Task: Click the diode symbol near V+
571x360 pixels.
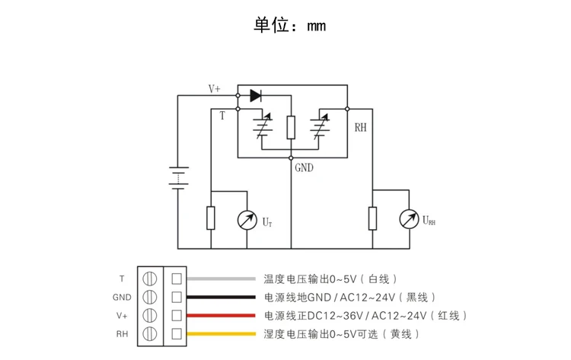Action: [x=256, y=96]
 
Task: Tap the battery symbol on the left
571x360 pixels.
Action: [x=178, y=178]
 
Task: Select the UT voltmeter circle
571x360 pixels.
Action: [x=247, y=220]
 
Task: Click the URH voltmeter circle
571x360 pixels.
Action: [x=409, y=219]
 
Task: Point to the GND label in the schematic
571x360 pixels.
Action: [x=304, y=167]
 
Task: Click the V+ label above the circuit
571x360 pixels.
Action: [x=214, y=89]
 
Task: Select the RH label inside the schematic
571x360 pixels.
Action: [x=361, y=127]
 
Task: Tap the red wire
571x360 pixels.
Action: [x=221, y=316]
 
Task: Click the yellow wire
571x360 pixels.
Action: [x=221, y=334]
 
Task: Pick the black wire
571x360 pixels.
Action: [x=221, y=297]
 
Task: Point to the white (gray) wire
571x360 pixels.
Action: [x=221, y=279]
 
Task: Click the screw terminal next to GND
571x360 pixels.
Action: [x=150, y=297]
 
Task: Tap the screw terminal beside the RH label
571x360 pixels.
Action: [x=150, y=334]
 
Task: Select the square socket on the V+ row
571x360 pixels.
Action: [x=177, y=315]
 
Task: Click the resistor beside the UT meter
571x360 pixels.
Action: [x=210, y=218]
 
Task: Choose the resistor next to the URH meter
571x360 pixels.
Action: [x=372, y=218]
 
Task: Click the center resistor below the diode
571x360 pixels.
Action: [x=291, y=127]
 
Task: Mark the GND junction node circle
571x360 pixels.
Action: [x=291, y=158]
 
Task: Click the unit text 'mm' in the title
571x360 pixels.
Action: [x=317, y=26]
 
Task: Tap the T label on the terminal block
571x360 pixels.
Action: [x=122, y=279]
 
